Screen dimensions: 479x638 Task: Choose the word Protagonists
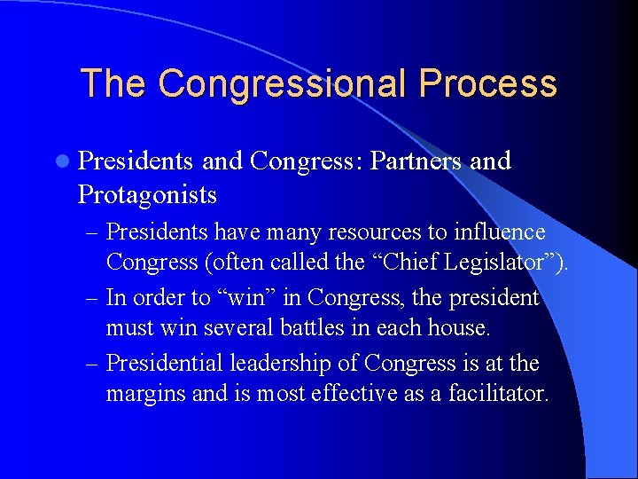click(x=147, y=193)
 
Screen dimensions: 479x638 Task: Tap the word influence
click(x=501, y=232)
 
